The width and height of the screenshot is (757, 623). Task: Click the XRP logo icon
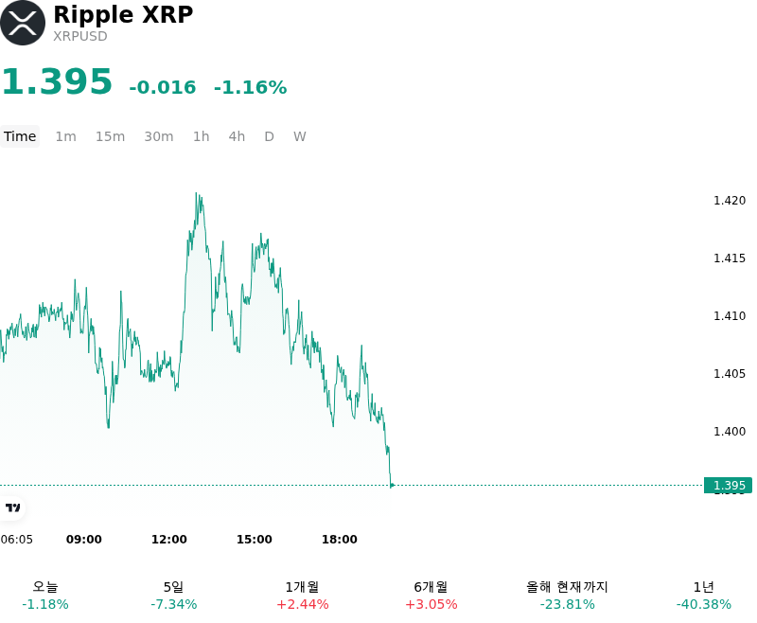23,23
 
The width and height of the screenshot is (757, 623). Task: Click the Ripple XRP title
123,15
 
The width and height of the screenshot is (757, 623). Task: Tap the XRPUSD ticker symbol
80,36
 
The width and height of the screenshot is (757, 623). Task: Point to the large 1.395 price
57,81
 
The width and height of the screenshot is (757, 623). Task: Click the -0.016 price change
163,87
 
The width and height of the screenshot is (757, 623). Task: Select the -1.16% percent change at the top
250,87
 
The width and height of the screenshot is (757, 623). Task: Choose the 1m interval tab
65,136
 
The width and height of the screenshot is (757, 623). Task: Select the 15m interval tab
110,136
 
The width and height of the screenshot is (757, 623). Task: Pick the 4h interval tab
237,136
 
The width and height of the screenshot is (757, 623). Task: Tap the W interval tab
300,136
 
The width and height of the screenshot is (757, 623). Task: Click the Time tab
20,136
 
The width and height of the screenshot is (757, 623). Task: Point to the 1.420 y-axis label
730,201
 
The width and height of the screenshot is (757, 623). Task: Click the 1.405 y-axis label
730,374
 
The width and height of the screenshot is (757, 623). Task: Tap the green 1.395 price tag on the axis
728,486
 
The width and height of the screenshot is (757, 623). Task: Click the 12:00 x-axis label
169,540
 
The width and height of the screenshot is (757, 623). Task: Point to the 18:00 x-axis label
340,540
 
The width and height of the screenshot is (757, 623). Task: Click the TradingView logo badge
12,508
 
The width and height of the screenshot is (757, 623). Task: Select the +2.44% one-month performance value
303,604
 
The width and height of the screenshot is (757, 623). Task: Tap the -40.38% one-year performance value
703,604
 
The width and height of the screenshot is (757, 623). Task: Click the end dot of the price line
392,486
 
